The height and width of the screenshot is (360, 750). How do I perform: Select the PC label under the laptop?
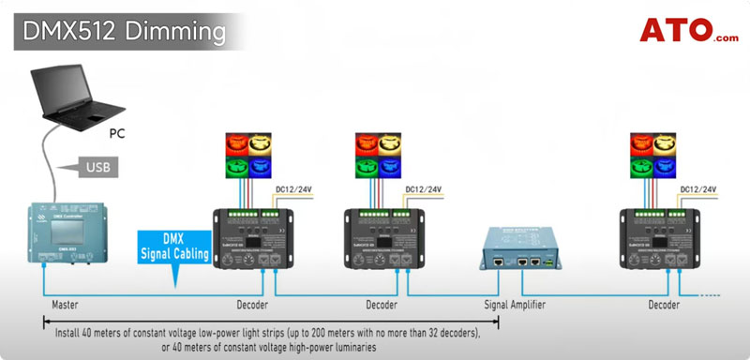coord(118,133)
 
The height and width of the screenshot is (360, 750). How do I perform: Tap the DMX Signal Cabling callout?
coord(174,246)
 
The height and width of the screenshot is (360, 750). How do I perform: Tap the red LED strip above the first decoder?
coord(237,143)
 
